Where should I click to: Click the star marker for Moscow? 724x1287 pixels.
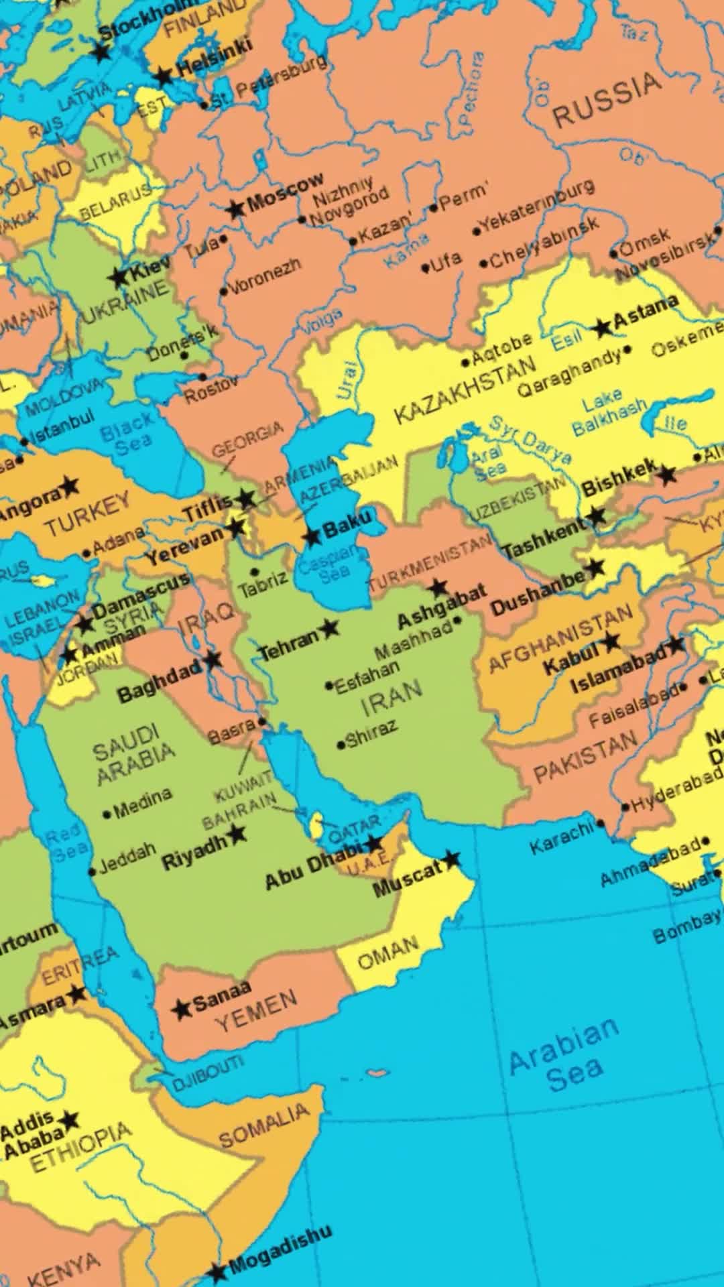click(235, 209)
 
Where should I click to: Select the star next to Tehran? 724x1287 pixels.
click(328, 628)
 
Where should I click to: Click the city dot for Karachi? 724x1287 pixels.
click(601, 824)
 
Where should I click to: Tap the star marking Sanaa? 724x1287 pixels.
click(181, 1009)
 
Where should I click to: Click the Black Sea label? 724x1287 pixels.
click(127, 434)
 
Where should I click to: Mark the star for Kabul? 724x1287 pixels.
click(610, 641)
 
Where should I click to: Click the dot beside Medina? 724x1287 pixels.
click(107, 814)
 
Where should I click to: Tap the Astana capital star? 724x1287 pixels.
click(603, 327)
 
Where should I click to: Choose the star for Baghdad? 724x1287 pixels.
click(213, 660)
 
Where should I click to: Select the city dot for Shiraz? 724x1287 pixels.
click(341, 744)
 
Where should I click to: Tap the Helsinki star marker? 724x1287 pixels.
click(163, 76)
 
